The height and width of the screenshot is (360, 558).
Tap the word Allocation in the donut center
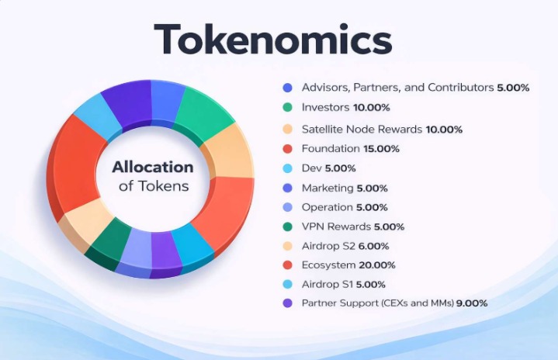(152, 167)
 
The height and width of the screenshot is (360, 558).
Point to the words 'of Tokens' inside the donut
(153, 186)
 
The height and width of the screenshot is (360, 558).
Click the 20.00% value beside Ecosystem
(379, 265)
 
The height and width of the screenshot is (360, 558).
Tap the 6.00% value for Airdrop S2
(373, 245)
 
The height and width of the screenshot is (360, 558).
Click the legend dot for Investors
(287, 108)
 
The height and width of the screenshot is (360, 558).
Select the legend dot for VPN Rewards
(287, 227)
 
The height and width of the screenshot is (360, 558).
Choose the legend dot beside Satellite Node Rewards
(287, 129)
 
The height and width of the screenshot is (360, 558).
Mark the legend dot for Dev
(287, 168)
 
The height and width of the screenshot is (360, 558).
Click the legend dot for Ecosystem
(287, 265)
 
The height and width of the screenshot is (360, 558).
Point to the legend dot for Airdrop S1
(287, 284)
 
